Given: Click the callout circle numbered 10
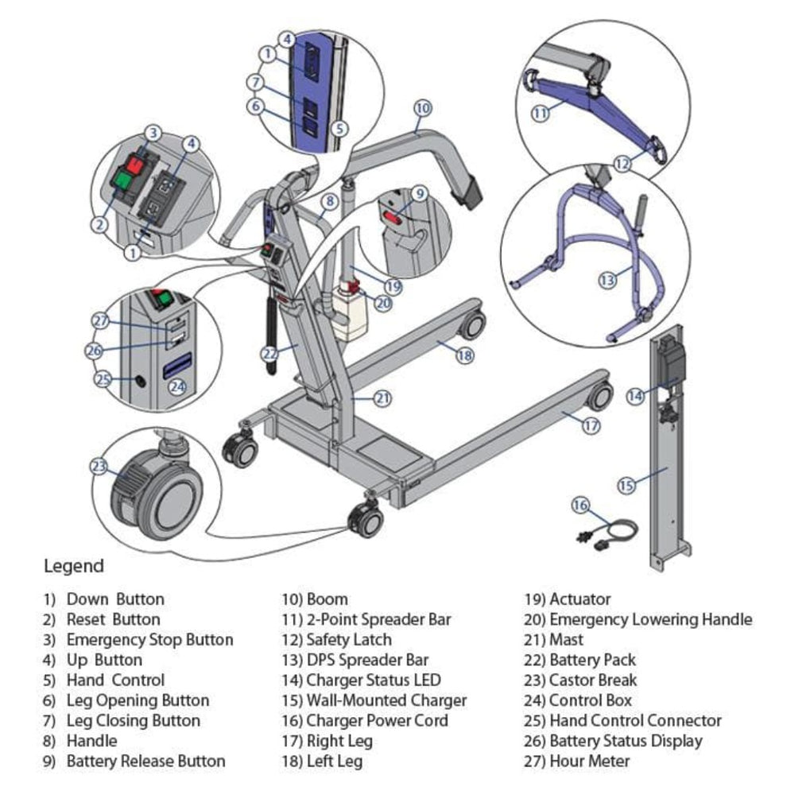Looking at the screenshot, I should coord(423,107).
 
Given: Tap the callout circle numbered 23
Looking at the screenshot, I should coord(99,467).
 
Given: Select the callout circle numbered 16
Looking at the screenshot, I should coord(580,505).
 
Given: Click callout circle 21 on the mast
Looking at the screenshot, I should coord(383,398).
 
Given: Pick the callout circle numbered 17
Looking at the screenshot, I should coord(590,425).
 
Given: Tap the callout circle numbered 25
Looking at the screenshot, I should coord(103,379).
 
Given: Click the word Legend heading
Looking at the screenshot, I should coord(73,566).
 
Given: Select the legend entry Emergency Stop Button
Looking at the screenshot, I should coord(149,640).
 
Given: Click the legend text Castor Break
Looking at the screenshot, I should coord(592,680).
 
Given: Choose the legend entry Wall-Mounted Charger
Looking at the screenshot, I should coord(386,700).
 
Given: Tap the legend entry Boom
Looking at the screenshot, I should coord(327,599).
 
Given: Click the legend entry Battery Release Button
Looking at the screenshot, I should coord(145,762).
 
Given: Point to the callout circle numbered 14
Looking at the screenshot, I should coord(634,395).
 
